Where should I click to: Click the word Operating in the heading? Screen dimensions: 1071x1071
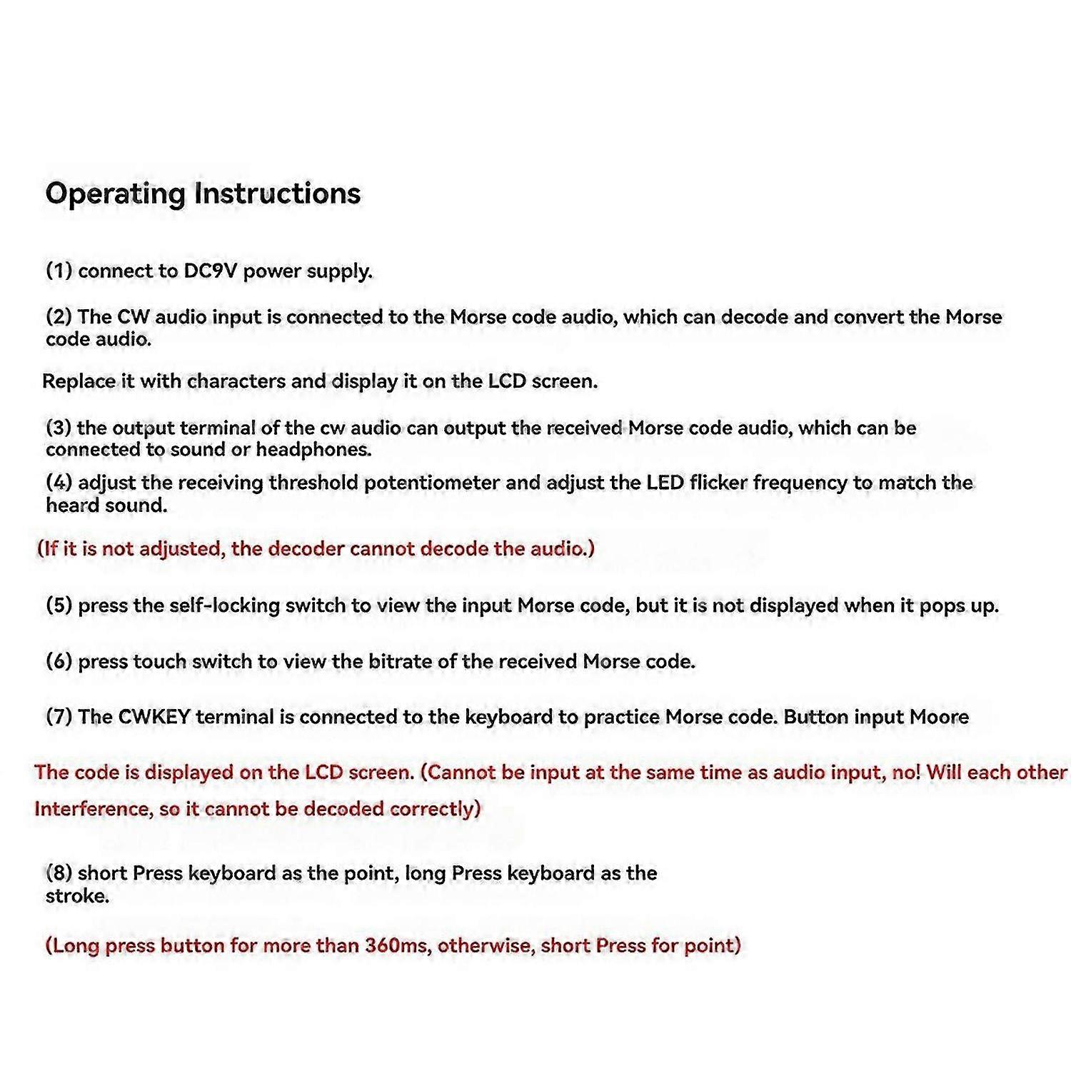[x=115, y=194]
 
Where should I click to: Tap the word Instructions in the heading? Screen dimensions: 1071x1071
[x=278, y=193]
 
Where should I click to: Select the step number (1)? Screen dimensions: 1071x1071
[x=59, y=271]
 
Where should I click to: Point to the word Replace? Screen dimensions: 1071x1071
[x=79, y=381]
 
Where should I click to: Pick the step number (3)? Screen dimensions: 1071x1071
[x=59, y=428]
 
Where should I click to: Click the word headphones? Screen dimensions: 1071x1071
[x=313, y=450]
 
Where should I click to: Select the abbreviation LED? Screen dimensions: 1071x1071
[x=665, y=483]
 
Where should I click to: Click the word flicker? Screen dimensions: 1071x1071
[x=718, y=483]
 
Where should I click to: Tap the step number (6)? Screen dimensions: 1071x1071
[x=59, y=662]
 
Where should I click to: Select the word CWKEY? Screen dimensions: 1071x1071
[x=154, y=717]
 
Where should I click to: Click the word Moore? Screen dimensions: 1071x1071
[x=939, y=717]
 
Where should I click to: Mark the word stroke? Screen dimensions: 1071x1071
[x=77, y=896]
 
